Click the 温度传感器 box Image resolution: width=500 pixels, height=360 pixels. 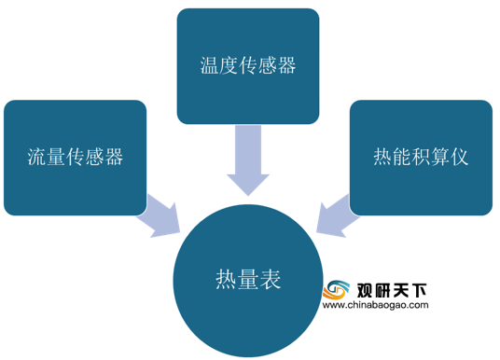coord(248,66)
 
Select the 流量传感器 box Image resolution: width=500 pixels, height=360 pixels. coord(75,158)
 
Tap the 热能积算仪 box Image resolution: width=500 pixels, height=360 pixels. coord(421,158)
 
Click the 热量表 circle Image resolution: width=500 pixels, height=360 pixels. coord(248,281)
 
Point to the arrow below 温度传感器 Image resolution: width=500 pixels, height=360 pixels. coord(248,159)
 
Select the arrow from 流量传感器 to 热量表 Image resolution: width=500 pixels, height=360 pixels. coord(160,216)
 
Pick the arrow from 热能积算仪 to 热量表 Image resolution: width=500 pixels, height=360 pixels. coord(338,216)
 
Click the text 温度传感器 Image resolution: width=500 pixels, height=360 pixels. coord(248,65)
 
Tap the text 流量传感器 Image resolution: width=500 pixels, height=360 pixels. coord(75,157)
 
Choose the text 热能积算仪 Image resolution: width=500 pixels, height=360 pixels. coord(421,157)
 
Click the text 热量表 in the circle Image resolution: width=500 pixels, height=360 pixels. coord(248,279)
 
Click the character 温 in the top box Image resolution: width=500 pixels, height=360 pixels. coord(210,65)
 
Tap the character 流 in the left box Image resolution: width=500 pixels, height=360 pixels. coord(36,157)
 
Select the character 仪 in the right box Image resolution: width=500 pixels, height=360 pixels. coord(459,157)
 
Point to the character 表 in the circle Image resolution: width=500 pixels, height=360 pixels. coord(271,279)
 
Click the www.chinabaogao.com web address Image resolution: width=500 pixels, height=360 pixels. coord(375,305)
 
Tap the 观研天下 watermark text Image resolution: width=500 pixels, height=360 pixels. coord(392,290)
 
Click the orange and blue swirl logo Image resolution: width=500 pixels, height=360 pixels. coord(336,289)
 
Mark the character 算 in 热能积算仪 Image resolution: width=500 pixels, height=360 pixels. coord(440,157)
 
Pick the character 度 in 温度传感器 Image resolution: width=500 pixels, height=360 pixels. coord(229,65)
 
